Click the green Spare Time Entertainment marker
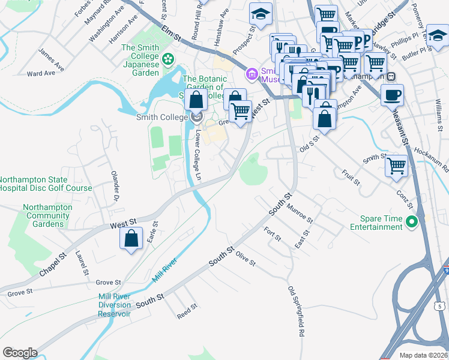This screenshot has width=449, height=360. pos(411,222)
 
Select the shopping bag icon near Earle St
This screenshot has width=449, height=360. pos(131,239)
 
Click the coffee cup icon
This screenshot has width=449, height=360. pos(392,95)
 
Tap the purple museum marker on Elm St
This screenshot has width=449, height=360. pos(252,74)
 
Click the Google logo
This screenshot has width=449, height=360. pos(20,353)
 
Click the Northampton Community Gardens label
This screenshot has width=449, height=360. pos(47,215)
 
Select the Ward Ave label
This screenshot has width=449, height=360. pos(41,73)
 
